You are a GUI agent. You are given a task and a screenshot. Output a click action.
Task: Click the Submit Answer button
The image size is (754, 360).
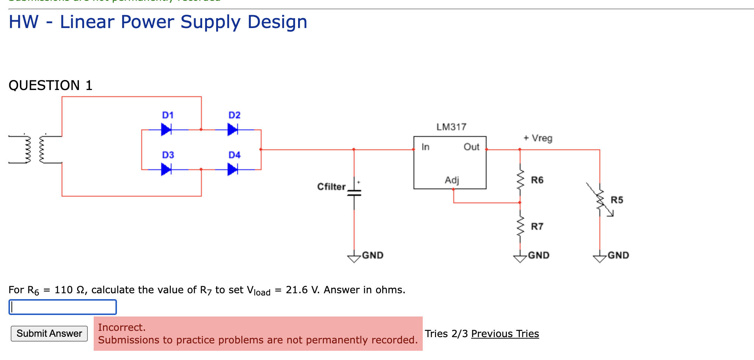click(x=49, y=333)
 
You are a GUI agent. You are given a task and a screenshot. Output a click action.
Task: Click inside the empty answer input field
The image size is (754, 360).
click(x=63, y=307)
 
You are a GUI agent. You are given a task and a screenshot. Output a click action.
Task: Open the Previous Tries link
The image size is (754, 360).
click(x=505, y=334)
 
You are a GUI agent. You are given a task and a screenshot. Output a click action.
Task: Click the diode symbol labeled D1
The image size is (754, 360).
click(x=166, y=129)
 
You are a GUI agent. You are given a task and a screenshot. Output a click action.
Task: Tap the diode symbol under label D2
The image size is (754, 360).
click(x=232, y=129)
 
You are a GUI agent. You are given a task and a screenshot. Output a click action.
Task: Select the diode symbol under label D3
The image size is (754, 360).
click(x=166, y=169)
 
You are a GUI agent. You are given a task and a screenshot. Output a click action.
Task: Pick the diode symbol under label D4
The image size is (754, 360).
click(x=232, y=169)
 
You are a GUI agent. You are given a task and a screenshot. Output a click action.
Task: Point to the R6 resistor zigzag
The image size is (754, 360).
click(x=520, y=180)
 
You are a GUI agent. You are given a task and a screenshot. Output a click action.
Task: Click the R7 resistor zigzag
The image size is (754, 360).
click(x=520, y=226)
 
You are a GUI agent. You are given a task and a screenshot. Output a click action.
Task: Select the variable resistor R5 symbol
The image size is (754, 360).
click(x=600, y=200)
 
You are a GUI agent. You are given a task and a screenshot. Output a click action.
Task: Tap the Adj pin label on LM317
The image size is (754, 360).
click(x=452, y=180)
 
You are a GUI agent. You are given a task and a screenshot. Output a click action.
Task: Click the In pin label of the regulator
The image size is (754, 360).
click(x=425, y=147)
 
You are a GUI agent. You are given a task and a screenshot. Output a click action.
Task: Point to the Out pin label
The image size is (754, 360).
click(x=471, y=147)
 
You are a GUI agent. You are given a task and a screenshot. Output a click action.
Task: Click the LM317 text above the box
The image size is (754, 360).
click(x=452, y=127)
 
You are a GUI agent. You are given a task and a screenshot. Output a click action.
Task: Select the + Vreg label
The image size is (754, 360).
click(x=538, y=138)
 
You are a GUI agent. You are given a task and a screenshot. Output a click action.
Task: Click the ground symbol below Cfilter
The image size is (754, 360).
click(x=354, y=258)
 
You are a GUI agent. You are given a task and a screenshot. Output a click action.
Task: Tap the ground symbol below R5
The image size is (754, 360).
click(x=600, y=258)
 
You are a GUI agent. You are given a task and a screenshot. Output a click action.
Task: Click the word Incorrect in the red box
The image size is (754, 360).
click(x=122, y=327)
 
